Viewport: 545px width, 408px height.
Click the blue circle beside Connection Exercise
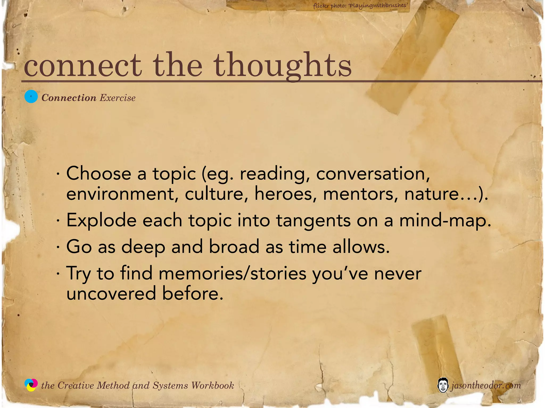(31, 97)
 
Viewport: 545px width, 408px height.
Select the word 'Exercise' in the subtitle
(118, 98)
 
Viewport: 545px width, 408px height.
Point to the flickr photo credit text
(360, 6)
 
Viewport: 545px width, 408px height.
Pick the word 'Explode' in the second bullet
(101, 220)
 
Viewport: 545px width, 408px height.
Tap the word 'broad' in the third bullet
(234, 247)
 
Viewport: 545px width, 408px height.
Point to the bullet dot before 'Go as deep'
(58, 247)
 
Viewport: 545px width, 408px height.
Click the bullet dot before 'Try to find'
(58, 274)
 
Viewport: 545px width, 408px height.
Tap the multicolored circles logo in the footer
(31, 385)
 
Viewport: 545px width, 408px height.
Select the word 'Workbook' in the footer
(212, 385)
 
